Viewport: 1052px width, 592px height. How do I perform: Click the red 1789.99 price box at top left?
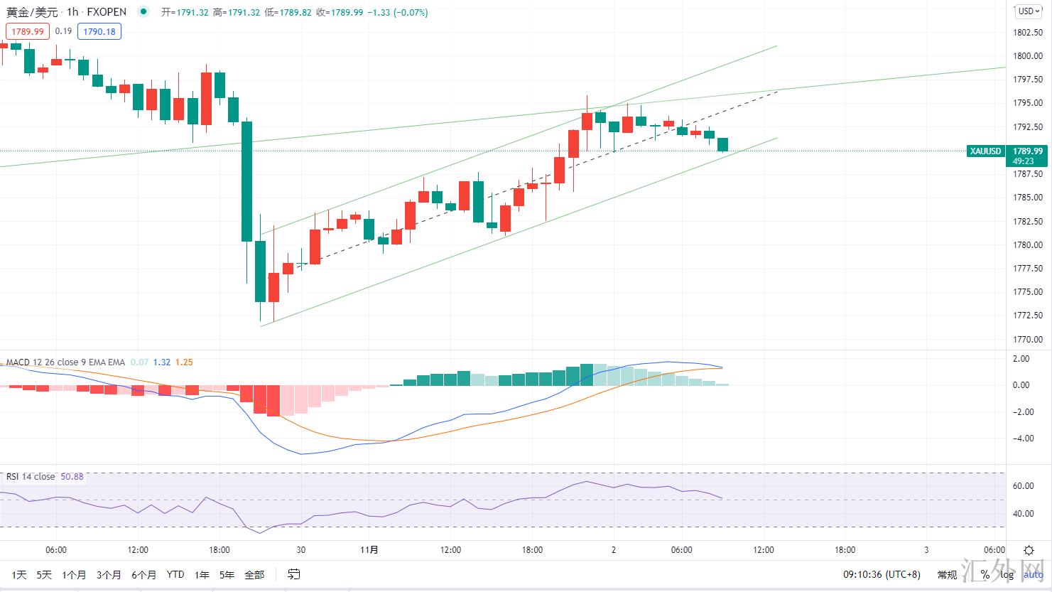(27, 31)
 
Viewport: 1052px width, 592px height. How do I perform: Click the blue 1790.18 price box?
(99, 31)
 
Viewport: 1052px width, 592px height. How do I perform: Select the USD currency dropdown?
(1027, 11)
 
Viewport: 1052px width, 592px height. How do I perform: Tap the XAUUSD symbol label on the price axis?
(986, 151)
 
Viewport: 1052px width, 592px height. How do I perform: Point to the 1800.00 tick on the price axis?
(1028, 56)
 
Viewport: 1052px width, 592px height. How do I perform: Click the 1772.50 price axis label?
(1028, 316)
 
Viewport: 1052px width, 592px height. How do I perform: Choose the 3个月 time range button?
(109, 574)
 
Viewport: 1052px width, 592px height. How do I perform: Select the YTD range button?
(175, 574)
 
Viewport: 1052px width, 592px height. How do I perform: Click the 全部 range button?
(254, 574)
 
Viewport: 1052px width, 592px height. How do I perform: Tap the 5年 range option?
(227, 574)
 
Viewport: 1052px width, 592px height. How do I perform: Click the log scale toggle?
(1007, 574)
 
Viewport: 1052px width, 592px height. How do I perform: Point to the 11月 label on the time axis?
(369, 550)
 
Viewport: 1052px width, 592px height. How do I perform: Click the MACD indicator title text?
(65, 362)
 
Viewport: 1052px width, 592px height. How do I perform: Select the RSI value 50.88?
(72, 477)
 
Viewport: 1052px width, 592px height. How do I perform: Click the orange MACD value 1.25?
(183, 362)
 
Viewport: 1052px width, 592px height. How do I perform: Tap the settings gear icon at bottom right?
(1029, 550)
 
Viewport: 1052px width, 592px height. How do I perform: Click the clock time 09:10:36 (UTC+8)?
(882, 574)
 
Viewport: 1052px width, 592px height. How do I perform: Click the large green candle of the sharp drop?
(246, 181)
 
